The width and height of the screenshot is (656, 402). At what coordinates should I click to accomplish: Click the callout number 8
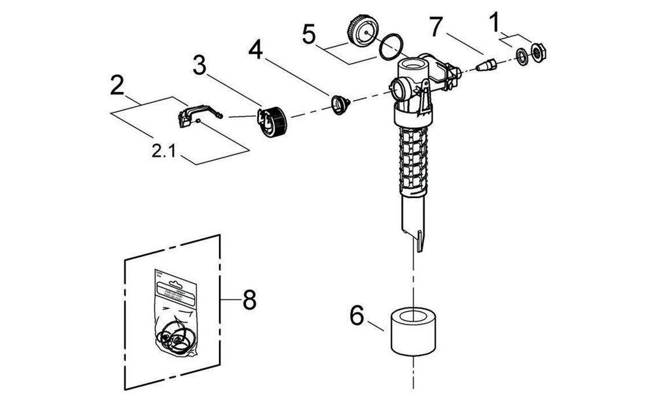[248, 300]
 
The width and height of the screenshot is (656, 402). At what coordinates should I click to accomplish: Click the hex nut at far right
[538, 52]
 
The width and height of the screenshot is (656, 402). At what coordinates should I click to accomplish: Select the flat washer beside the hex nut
[523, 58]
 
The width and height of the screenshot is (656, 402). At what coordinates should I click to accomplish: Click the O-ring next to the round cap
[392, 45]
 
